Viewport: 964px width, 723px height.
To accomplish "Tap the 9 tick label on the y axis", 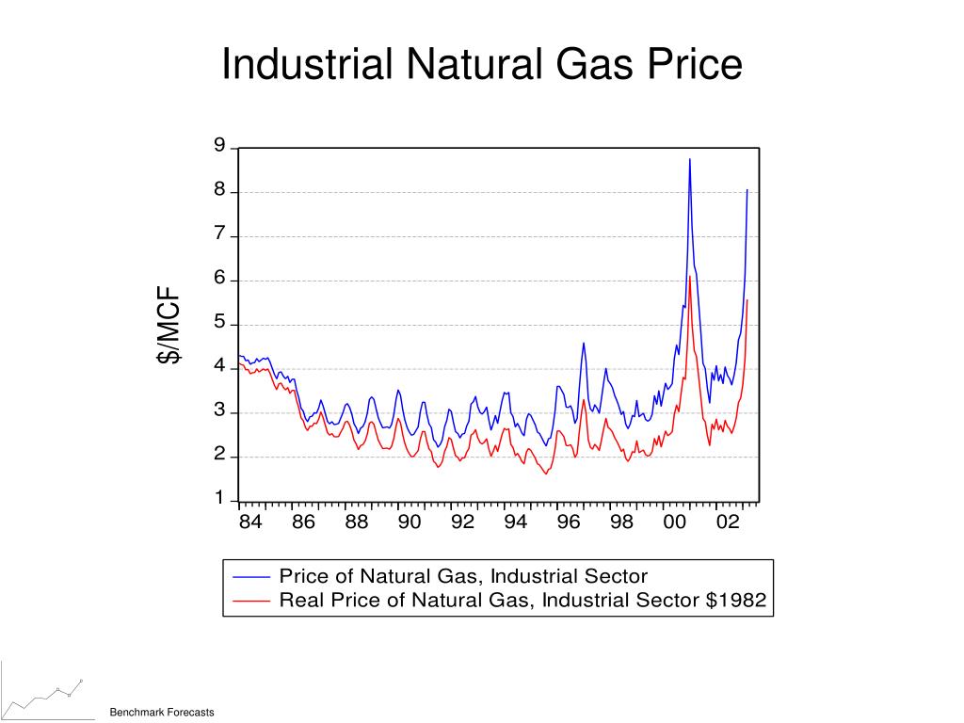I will pos(219,146).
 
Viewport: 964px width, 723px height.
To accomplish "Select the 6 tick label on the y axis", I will pos(219,279).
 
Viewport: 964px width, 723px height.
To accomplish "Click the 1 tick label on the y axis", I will pos(219,498).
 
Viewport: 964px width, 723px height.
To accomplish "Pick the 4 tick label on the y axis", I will pos(219,367).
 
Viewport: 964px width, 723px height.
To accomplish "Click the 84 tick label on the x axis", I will pos(249,522).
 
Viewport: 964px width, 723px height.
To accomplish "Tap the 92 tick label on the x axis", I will pos(462,522).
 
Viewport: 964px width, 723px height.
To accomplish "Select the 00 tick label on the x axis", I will pos(674,522).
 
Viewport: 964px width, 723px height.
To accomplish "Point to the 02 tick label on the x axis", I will pos(727,522).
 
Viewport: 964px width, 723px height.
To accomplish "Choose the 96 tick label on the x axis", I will pos(568,522).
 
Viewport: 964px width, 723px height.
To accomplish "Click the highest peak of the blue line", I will pos(689,159).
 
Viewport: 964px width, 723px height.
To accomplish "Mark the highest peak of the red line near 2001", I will pos(689,277).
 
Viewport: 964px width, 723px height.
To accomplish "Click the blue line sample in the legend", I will pos(250,576).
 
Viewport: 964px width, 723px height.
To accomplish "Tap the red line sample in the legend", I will pos(250,600).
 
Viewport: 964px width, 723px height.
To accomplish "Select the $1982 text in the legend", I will pos(736,600).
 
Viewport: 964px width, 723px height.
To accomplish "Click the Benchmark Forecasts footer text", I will pos(162,712).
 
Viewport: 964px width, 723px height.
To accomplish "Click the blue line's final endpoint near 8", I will pos(747,190).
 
